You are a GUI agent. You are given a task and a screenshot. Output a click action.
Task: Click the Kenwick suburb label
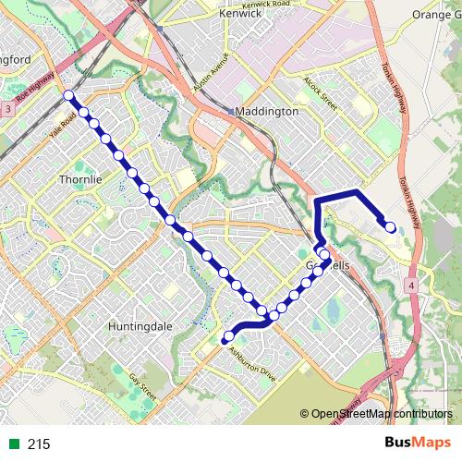tap(240, 15)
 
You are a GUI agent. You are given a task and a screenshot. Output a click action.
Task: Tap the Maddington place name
tap(267, 111)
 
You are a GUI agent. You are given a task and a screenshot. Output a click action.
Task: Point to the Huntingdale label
tap(141, 326)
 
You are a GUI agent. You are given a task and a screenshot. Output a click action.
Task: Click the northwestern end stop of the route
tap(68, 95)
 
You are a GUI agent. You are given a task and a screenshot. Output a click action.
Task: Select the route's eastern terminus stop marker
tap(390, 227)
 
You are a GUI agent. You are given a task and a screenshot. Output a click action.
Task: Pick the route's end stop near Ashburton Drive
tap(228, 337)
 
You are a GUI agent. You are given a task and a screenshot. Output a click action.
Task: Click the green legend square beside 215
tap(13, 444)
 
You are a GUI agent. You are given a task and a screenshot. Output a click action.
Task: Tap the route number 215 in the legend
tap(39, 444)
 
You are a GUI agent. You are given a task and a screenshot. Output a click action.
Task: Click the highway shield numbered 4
tap(409, 286)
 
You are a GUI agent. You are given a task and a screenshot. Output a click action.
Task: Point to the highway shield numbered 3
tap(8, 109)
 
